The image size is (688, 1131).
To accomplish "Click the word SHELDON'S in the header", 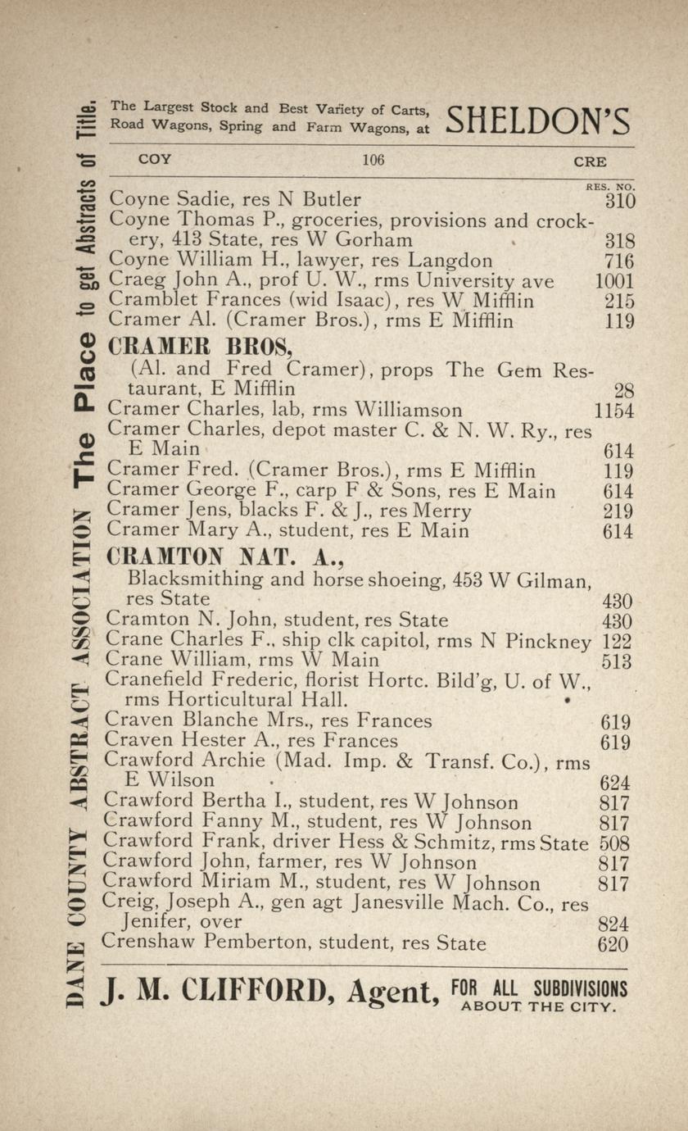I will click(538, 121).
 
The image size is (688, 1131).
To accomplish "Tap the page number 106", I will click(373, 160).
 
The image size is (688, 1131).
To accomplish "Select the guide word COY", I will click(155, 159).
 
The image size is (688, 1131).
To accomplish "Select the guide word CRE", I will click(590, 161).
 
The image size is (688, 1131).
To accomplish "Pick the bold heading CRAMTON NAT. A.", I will click(225, 558).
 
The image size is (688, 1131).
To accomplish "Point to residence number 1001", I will click(613, 281).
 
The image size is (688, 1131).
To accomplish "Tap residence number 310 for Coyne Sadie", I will click(619, 200).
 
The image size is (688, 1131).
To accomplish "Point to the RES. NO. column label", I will click(610, 187).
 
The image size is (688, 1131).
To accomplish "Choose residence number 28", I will click(622, 391).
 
